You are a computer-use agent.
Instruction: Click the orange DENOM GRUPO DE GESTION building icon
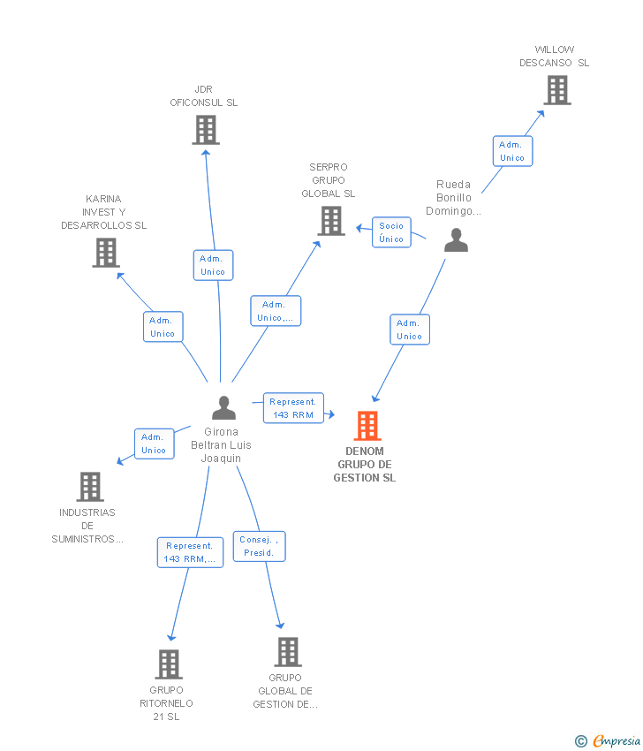pyautogui.click(x=367, y=426)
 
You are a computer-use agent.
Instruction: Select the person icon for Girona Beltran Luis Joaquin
pyautogui.click(x=224, y=408)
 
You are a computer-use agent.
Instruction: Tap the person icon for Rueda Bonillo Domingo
pyautogui.click(x=456, y=240)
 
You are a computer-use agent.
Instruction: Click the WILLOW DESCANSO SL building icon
pyautogui.click(x=556, y=90)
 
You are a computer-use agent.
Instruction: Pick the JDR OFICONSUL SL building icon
pyautogui.click(x=205, y=130)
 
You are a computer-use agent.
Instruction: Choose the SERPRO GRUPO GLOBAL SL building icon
pyautogui.click(x=331, y=221)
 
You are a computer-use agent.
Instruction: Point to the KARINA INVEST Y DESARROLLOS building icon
pyautogui.click(x=105, y=253)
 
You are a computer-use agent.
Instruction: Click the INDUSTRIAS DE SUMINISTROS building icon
pyautogui.click(x=89, y=486)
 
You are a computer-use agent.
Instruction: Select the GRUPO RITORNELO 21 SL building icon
pyautogui.click(x=169, y=664)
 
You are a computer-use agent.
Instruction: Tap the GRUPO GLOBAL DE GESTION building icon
pyautogui.click(x=287, y=652)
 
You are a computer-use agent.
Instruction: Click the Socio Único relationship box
pyautogui.click(x=391, y=232)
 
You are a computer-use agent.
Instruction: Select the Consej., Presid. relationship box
pyautogui.click(x=260, y=546)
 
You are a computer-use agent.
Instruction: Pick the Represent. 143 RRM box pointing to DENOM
pyautogui.click(x=293, y=408)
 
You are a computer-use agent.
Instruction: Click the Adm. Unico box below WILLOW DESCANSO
pyautogui.click(x=512, y=151)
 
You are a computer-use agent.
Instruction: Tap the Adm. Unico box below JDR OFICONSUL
pyautogui.click(x=213, y=265)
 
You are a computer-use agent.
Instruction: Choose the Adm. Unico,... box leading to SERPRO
pyautogui.click(x=276, y=311)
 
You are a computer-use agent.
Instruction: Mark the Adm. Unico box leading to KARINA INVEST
pyautogui.click(x=163, y=327)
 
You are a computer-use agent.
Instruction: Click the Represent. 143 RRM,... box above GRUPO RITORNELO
pyautogui.click(x=190, y=552)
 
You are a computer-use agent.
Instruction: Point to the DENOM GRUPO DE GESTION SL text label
pyautogui.click(x=365, y=465)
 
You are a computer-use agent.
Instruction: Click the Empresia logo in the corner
pyautogui.click(x=609, y=740)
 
